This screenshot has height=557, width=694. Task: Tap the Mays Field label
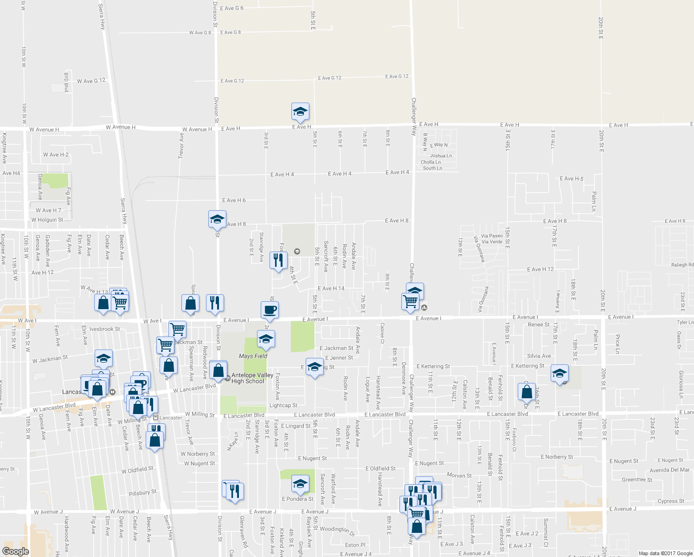coord(253,356)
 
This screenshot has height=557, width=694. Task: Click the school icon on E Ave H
coord(300,112)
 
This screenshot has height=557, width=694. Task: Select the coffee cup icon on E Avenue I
coord(270,310)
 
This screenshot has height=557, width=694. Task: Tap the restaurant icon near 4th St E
coord(278,260)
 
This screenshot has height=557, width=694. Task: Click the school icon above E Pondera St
coord(300,484)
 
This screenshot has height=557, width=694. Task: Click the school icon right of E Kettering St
coord(559,373)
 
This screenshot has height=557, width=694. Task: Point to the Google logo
coord(15,551)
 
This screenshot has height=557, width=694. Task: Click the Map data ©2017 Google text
coord(665,553)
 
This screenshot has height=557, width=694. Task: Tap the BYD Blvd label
coord(66,82)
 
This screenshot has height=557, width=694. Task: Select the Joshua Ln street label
coord(441,156)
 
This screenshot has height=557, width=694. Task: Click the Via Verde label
coord(492,242)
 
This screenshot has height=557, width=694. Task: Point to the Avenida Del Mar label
coord(669,470)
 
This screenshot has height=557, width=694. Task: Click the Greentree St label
coord(636,480)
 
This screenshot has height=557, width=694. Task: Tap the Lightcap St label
coord(283,405)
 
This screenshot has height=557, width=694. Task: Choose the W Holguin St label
coord(47,220)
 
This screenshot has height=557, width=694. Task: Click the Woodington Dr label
coord(337,529)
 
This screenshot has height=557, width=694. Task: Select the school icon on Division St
coord(217,219)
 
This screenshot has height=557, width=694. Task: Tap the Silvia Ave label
coord(539,356)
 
